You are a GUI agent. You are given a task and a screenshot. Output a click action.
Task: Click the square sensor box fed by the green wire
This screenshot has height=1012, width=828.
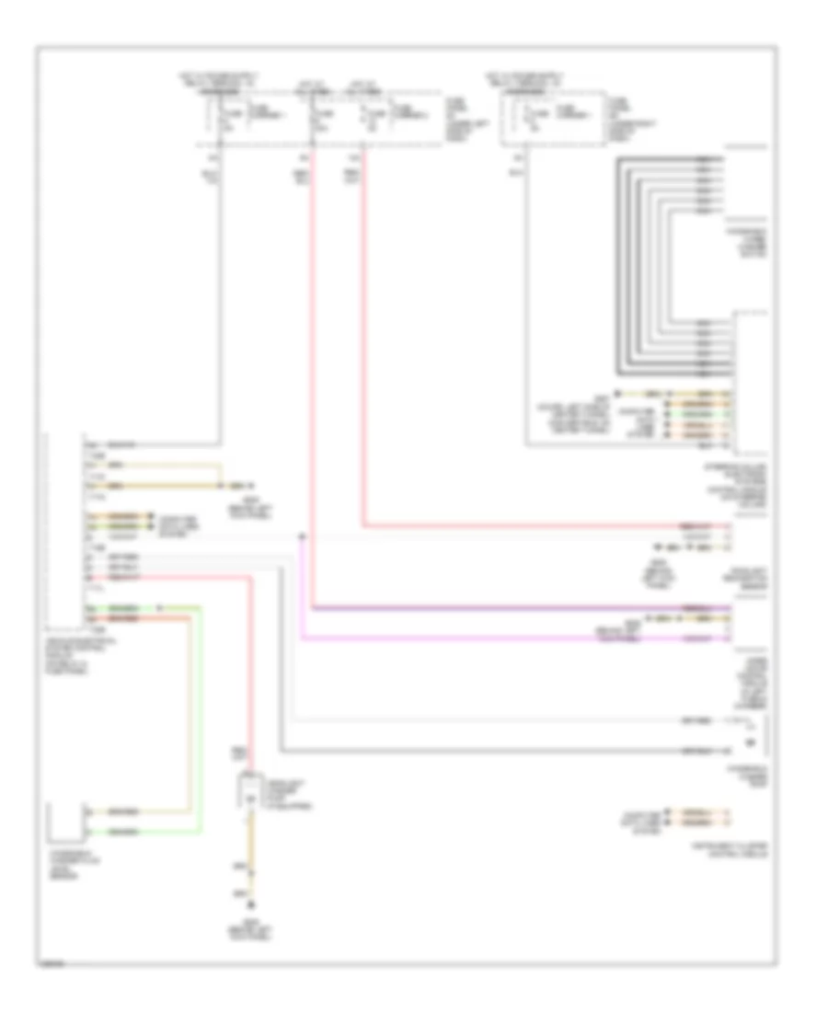click(66, 822)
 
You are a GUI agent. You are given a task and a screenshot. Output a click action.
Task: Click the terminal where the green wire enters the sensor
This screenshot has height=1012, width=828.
click(88, 833)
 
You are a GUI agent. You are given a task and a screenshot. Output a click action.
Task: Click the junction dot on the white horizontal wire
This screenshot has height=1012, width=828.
click(301, 536)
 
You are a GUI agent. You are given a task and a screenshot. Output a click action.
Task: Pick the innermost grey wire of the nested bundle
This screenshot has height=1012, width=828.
click(676, 267)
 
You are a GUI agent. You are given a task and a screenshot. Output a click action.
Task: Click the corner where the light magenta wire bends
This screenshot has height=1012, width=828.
click(301, 638)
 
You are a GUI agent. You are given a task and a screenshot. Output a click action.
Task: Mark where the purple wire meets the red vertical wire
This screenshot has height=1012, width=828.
click(314, 608)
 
